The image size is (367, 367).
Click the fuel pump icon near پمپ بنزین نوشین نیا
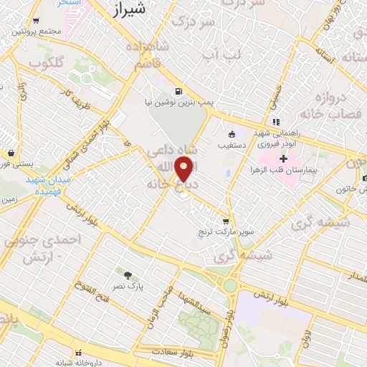point(177,91)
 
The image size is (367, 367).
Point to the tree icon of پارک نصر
point(128,275)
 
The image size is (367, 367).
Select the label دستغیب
point(233,144)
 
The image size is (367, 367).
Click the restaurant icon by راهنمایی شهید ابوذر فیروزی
point(277,121)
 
